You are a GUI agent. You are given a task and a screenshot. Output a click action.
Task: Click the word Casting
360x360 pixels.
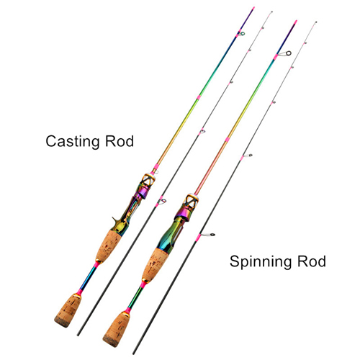coord(73,142)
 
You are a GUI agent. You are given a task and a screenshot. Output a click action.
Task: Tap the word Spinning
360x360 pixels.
coord(261,261)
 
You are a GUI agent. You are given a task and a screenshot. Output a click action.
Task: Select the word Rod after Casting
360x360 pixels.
coord(120,141)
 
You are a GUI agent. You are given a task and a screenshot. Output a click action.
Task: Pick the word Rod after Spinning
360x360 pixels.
coord(312,261)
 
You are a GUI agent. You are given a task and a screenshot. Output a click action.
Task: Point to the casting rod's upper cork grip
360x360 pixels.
coord(109,246)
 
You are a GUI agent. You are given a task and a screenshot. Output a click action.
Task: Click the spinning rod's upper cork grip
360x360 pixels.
coord(155,265)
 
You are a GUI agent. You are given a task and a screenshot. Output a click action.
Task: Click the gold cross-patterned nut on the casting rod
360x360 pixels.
coord(147,180)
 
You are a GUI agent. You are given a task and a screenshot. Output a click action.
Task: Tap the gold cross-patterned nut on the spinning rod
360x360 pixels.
coord(191,201)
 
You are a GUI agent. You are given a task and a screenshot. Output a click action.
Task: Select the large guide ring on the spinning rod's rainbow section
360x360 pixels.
coord(288,53)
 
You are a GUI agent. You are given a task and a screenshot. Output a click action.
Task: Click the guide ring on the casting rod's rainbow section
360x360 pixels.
coord(243,33)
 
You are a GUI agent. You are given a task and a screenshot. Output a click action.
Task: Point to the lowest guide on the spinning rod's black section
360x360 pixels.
coord(208,235)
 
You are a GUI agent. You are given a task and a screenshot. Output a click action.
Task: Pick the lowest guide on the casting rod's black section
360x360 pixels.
coord(161,202)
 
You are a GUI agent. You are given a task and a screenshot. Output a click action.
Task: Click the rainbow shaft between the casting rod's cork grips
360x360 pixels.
coord(89,278)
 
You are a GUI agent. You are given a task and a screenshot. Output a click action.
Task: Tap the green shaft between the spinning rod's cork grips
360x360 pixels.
coord(135,297)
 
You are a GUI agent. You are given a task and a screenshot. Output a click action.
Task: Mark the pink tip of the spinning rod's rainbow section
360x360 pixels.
coord(296,22)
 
